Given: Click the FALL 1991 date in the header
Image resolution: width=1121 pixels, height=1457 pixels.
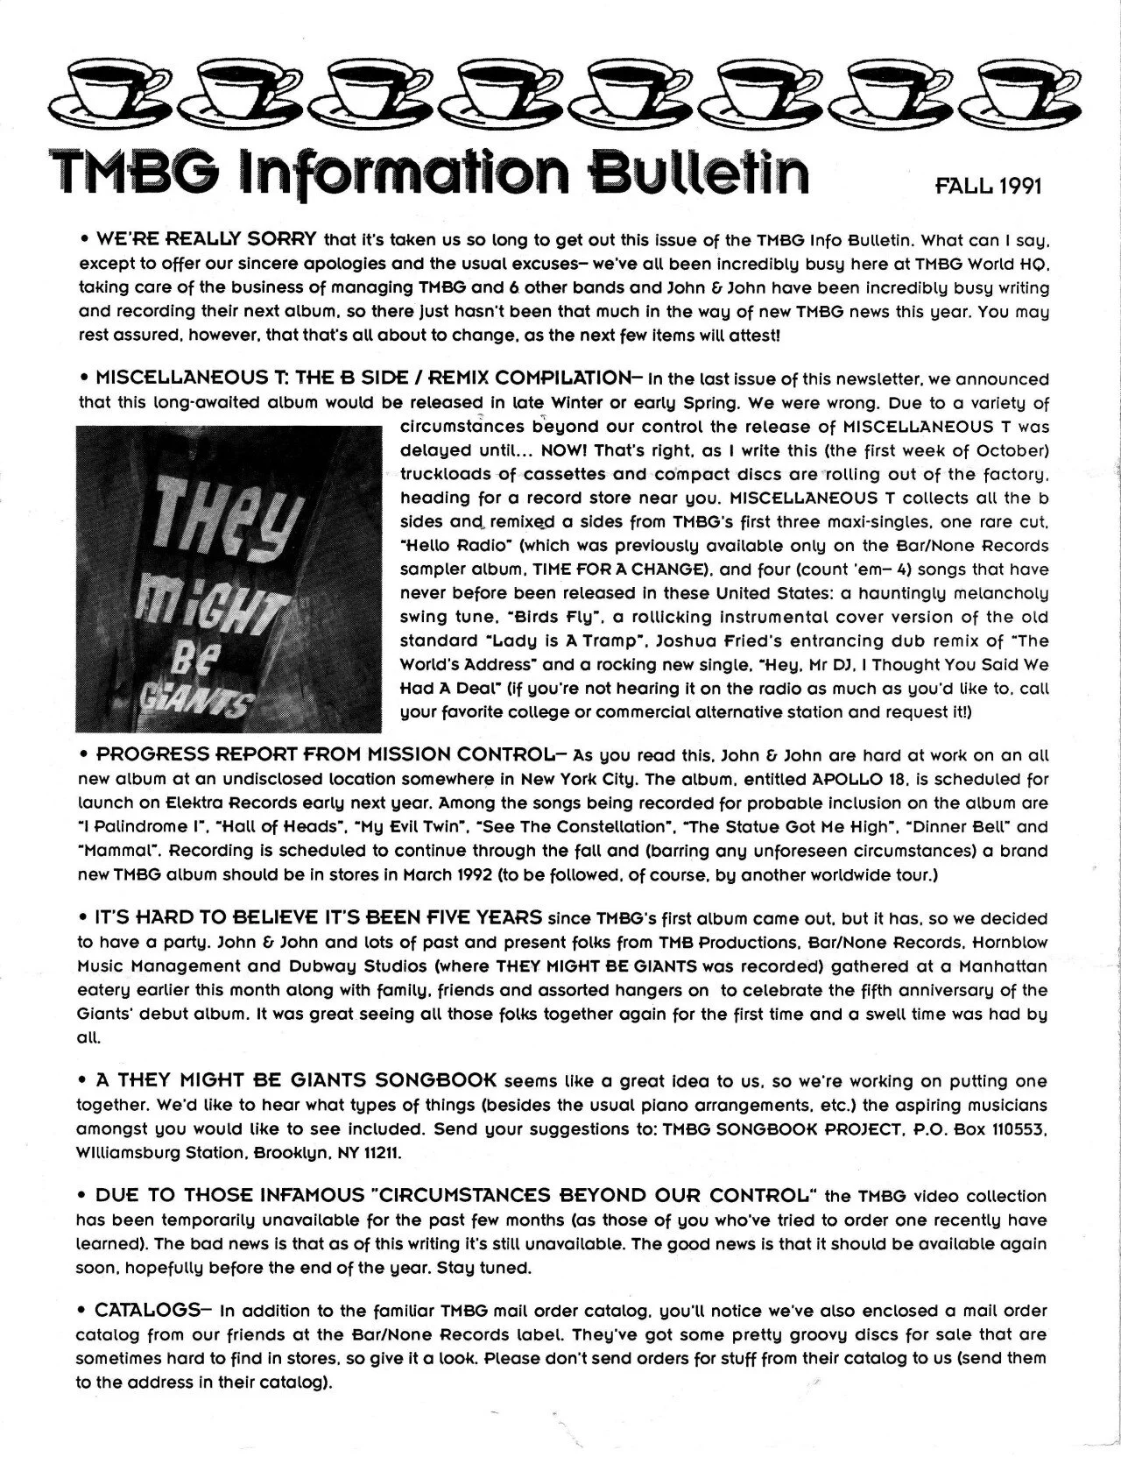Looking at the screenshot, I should point(989,187).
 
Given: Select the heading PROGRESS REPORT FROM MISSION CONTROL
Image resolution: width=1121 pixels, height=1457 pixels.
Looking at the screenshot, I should point(324,754).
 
